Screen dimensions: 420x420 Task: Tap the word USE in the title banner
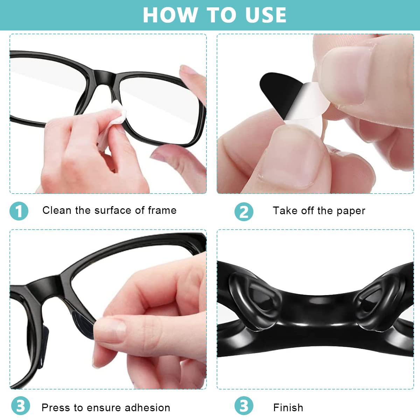(x=266, y=15)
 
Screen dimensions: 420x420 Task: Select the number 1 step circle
(x=19, y=211)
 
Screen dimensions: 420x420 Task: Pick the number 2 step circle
(x=244, y=212)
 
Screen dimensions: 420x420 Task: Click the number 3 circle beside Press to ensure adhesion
(x=21, y=406)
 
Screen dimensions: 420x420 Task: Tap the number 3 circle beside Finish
(x=244, y=406)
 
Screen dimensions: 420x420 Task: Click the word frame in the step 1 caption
(x=162, y=210)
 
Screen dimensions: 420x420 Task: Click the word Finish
(x=288, y=408)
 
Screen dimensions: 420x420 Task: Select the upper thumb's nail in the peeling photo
(x=345, y=75)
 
